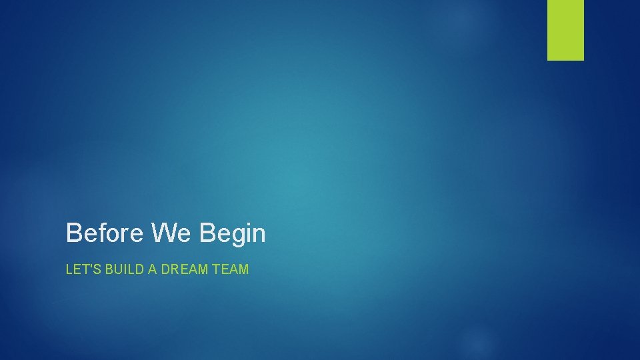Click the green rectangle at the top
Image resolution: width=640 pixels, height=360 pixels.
pos(565,30)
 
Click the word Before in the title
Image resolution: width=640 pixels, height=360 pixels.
pos(105,233)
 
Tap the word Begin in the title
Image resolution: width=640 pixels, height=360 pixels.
pos(233,233)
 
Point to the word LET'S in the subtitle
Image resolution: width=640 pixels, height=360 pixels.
pos(79,270)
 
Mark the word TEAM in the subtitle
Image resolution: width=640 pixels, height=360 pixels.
pos(231,270)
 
